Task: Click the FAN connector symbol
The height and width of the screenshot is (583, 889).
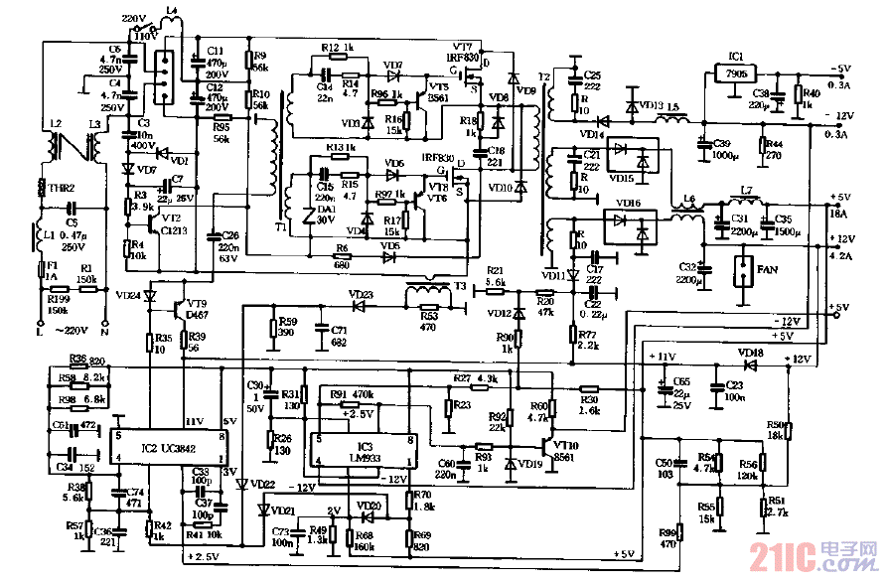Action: click(x=742, y=269)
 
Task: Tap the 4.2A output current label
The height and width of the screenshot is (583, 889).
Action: click(x=839, y=256)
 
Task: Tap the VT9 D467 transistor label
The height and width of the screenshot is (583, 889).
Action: click(x=196, y=309)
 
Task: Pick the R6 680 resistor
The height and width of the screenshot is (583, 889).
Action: click(x=343, y=255)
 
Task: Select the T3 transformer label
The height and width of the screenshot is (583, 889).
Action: click(x=460, y=285)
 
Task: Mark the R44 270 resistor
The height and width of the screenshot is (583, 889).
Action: click(x=771, y=149)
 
